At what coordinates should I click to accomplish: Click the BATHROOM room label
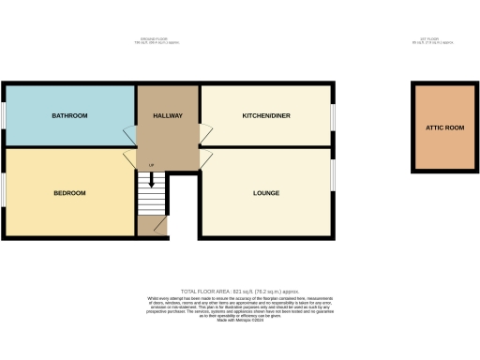(69, 115)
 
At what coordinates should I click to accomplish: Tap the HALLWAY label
(168, 115)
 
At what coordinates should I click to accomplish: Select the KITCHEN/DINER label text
(264, 115)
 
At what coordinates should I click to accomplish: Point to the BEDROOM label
(69, 193)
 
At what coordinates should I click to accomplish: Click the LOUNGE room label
(266, 193)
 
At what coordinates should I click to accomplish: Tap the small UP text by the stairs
(150, 167)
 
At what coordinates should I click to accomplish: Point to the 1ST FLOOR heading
(432, 39)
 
